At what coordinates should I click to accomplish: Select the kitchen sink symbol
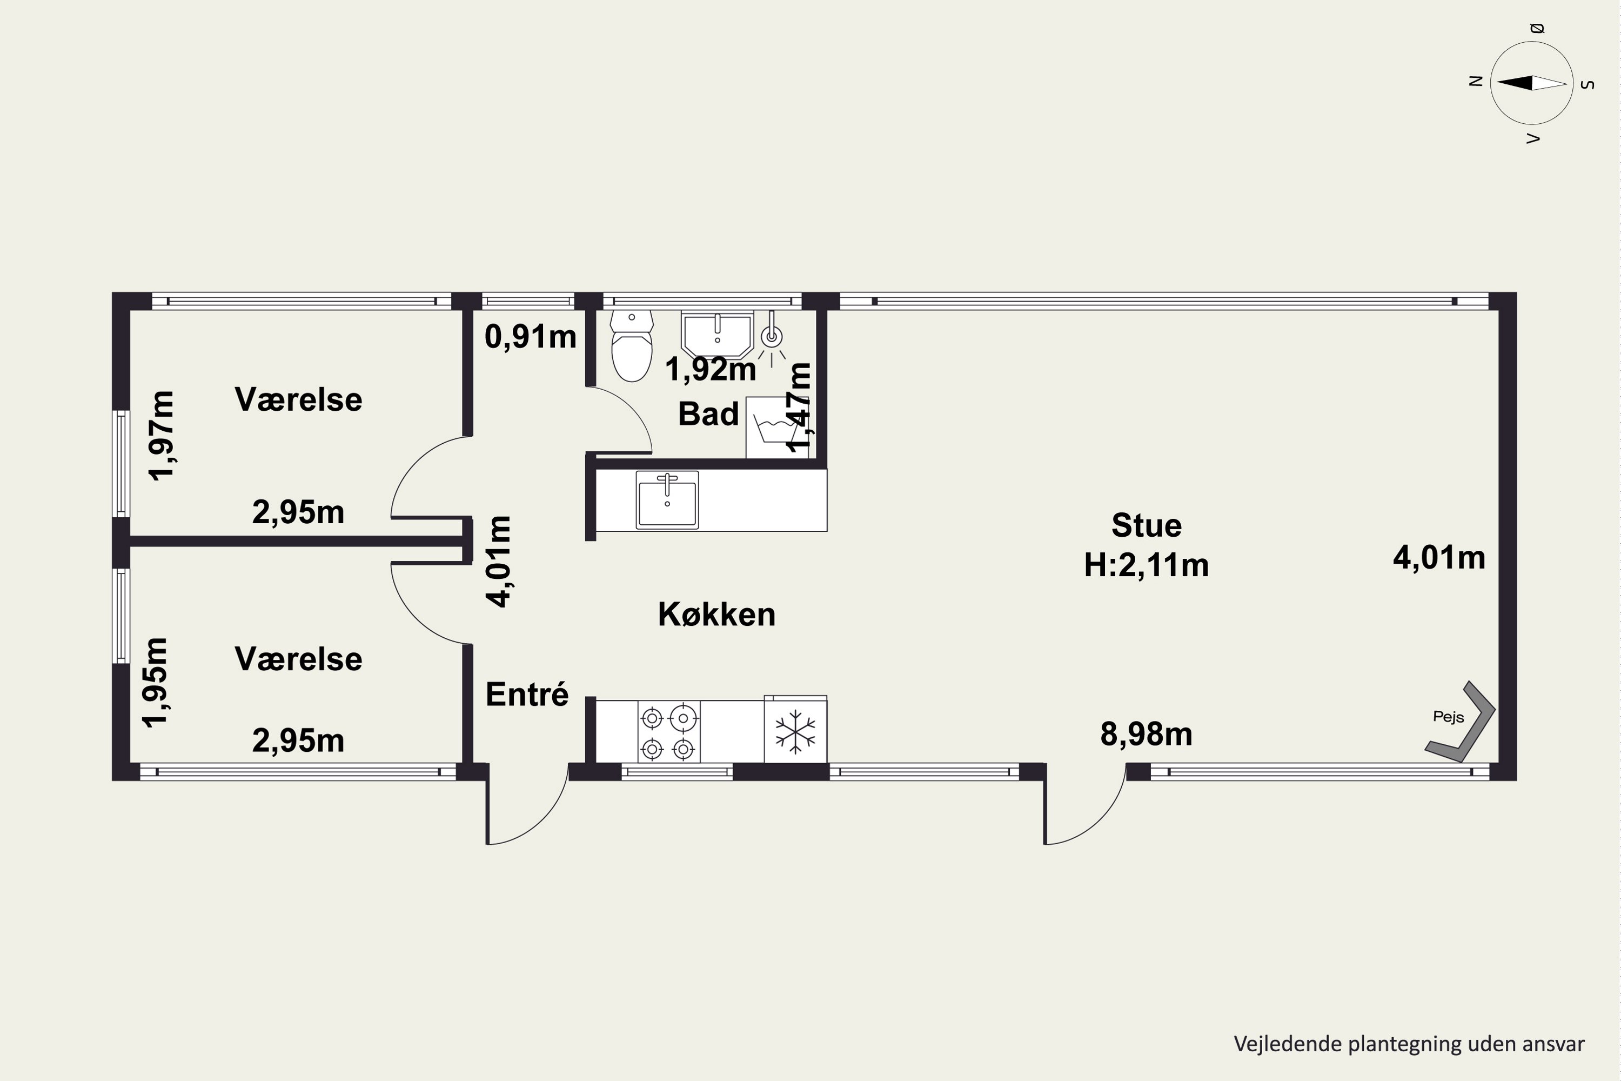pos(667,499)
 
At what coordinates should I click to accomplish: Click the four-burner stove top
pos(668,732)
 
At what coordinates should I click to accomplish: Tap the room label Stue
pos(1146,525)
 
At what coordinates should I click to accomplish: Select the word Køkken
pos(717,613)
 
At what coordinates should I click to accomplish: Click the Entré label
pos(527,693)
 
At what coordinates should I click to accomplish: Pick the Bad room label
pos(708,413)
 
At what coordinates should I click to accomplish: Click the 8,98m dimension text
pos(1146,734)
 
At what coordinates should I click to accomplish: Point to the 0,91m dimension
pos(531,336)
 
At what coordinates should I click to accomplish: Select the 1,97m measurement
pos(163,436)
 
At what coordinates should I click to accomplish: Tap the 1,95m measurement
pos(155,683)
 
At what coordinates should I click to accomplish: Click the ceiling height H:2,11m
pos(1146,565)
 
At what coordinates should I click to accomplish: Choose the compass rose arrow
pos(1532,83)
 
